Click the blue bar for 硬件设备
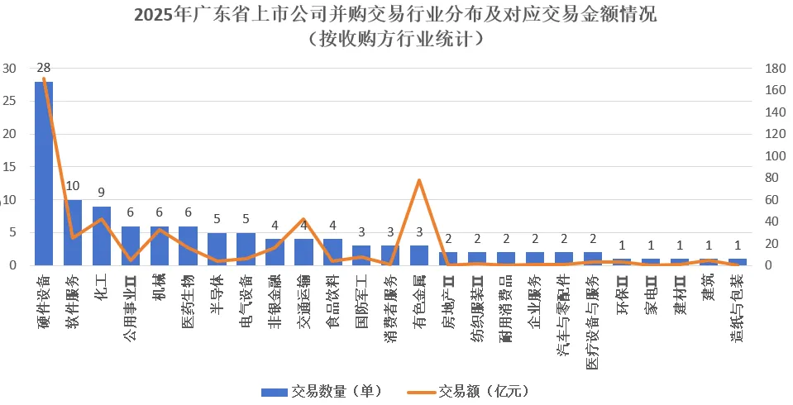point(44,174)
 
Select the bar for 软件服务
point(73,232)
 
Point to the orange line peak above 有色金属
point(419,180)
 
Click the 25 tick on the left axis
point(11,101)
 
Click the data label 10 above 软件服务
point(73,187)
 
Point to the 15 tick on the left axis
point(11,167)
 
